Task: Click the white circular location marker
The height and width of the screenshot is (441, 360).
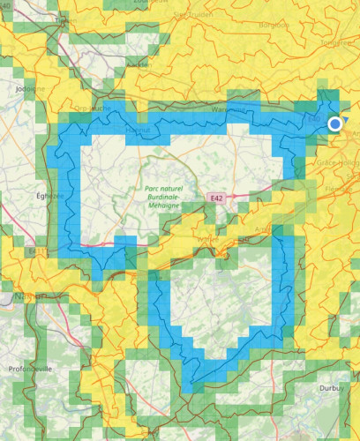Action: [x=335, y=124]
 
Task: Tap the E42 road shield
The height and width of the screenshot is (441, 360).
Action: [x=217, y=199]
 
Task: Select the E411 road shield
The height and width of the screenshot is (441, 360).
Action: [x=36, y=252]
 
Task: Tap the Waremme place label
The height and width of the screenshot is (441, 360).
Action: [x=228, y=109]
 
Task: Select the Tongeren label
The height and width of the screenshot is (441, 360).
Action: [x=340, y=42]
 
